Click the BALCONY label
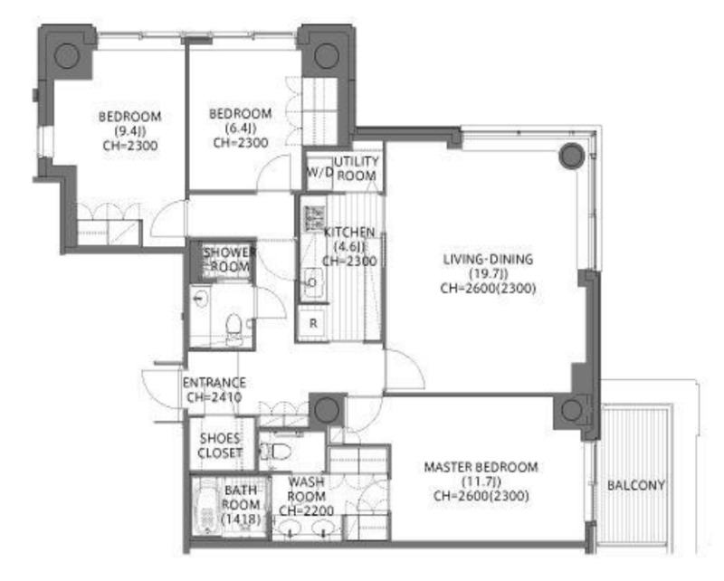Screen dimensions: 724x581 click(x=636, y=485)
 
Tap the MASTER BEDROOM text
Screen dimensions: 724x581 click(x=481, y=467)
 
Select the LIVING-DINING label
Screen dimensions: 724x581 click(x=488, y=259)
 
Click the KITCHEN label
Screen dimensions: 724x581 click(x=349, y=232)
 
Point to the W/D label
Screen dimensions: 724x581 click(x=319, y=172)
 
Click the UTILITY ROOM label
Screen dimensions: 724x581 click(x=357, y=168)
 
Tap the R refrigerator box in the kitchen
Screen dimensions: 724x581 click(x=313, y=323)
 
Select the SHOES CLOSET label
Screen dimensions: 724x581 click(x=220, y=445)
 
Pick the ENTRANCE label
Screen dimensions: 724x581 click(x=214, y=383)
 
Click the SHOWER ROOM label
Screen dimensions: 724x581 click(x=230, y=259)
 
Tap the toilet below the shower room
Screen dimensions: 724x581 click(x=234, y=329)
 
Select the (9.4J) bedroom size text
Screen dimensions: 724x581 click(x=129, y=130)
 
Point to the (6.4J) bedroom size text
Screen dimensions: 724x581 click(x=240, y=128)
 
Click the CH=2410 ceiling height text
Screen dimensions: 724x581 click(x=214, y=396)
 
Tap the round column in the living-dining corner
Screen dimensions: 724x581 click(x=572, y=156)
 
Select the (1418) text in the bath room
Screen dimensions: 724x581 click(x=241, y=519)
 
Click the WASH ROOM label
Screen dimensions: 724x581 click(x=306, y=489)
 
